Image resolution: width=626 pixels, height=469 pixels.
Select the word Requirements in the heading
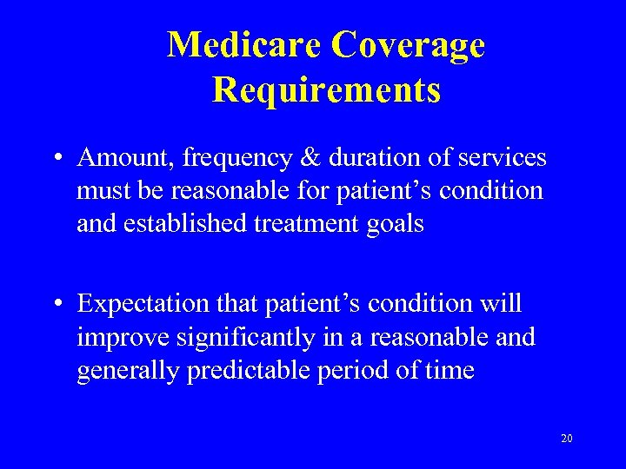click(326, 89)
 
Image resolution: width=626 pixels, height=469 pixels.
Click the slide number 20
click(566, 439)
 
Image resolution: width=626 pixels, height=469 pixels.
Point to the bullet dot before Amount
click(57, 159)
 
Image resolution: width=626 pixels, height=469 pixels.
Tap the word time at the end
click(450, 371)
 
